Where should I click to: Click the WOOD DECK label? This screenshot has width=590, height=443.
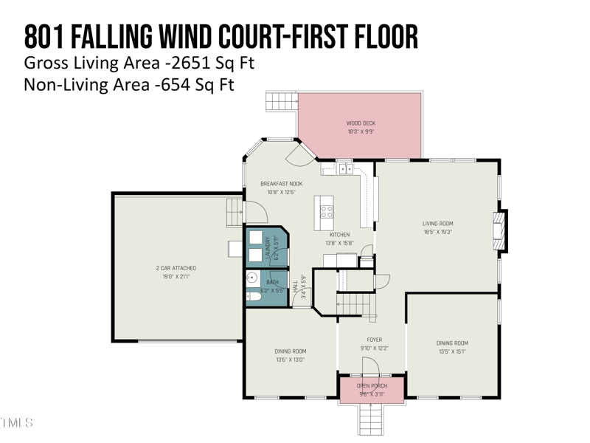[361, 123]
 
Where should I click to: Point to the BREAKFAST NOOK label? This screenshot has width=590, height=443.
[281, 184]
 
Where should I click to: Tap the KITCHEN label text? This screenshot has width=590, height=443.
[340, 235]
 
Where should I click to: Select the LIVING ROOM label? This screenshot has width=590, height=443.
[437, 224]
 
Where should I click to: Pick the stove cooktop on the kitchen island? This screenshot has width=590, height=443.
[326, 213]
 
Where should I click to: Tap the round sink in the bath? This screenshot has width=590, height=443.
[251, 278]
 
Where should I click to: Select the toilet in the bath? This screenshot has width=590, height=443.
[252, 297]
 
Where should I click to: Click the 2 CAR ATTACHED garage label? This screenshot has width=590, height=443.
[176, 268]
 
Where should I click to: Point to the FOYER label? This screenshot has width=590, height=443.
[374, 340]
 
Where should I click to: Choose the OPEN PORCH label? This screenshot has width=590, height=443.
[372, 386]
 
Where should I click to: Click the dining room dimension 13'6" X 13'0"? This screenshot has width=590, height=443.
[290, 360]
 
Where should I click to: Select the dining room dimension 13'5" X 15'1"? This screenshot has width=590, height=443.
[451, 351]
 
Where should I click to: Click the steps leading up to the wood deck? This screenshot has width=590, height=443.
[280, 102]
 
